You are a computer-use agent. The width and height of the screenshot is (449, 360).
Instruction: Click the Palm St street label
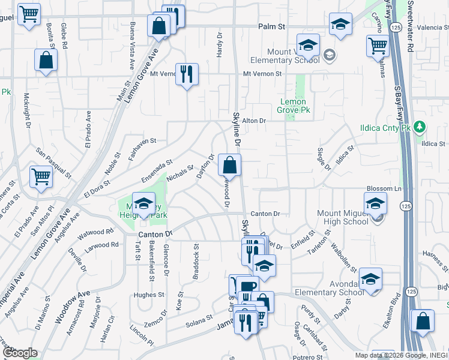pos(271,26)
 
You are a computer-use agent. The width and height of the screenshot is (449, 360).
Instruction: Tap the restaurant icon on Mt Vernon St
pos(187,74)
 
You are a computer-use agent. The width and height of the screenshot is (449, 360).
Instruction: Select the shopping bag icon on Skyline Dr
pos(229,164)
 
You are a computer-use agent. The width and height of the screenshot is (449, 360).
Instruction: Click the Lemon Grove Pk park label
pos(294,106)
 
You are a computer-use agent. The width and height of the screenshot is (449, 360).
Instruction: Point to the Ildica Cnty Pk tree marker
pos(421,127)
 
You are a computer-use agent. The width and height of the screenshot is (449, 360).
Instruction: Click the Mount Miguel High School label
pos(343,217)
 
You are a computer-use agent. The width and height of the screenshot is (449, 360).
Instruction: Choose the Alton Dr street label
pos(253,121)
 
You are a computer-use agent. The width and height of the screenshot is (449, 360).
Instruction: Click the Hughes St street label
pos(149,295)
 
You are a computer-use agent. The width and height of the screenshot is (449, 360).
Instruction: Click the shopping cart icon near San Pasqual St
pos(41,177)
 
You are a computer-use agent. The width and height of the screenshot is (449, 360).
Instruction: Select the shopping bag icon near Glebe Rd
pos(46,61)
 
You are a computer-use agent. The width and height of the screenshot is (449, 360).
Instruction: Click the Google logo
pos(19,353)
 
